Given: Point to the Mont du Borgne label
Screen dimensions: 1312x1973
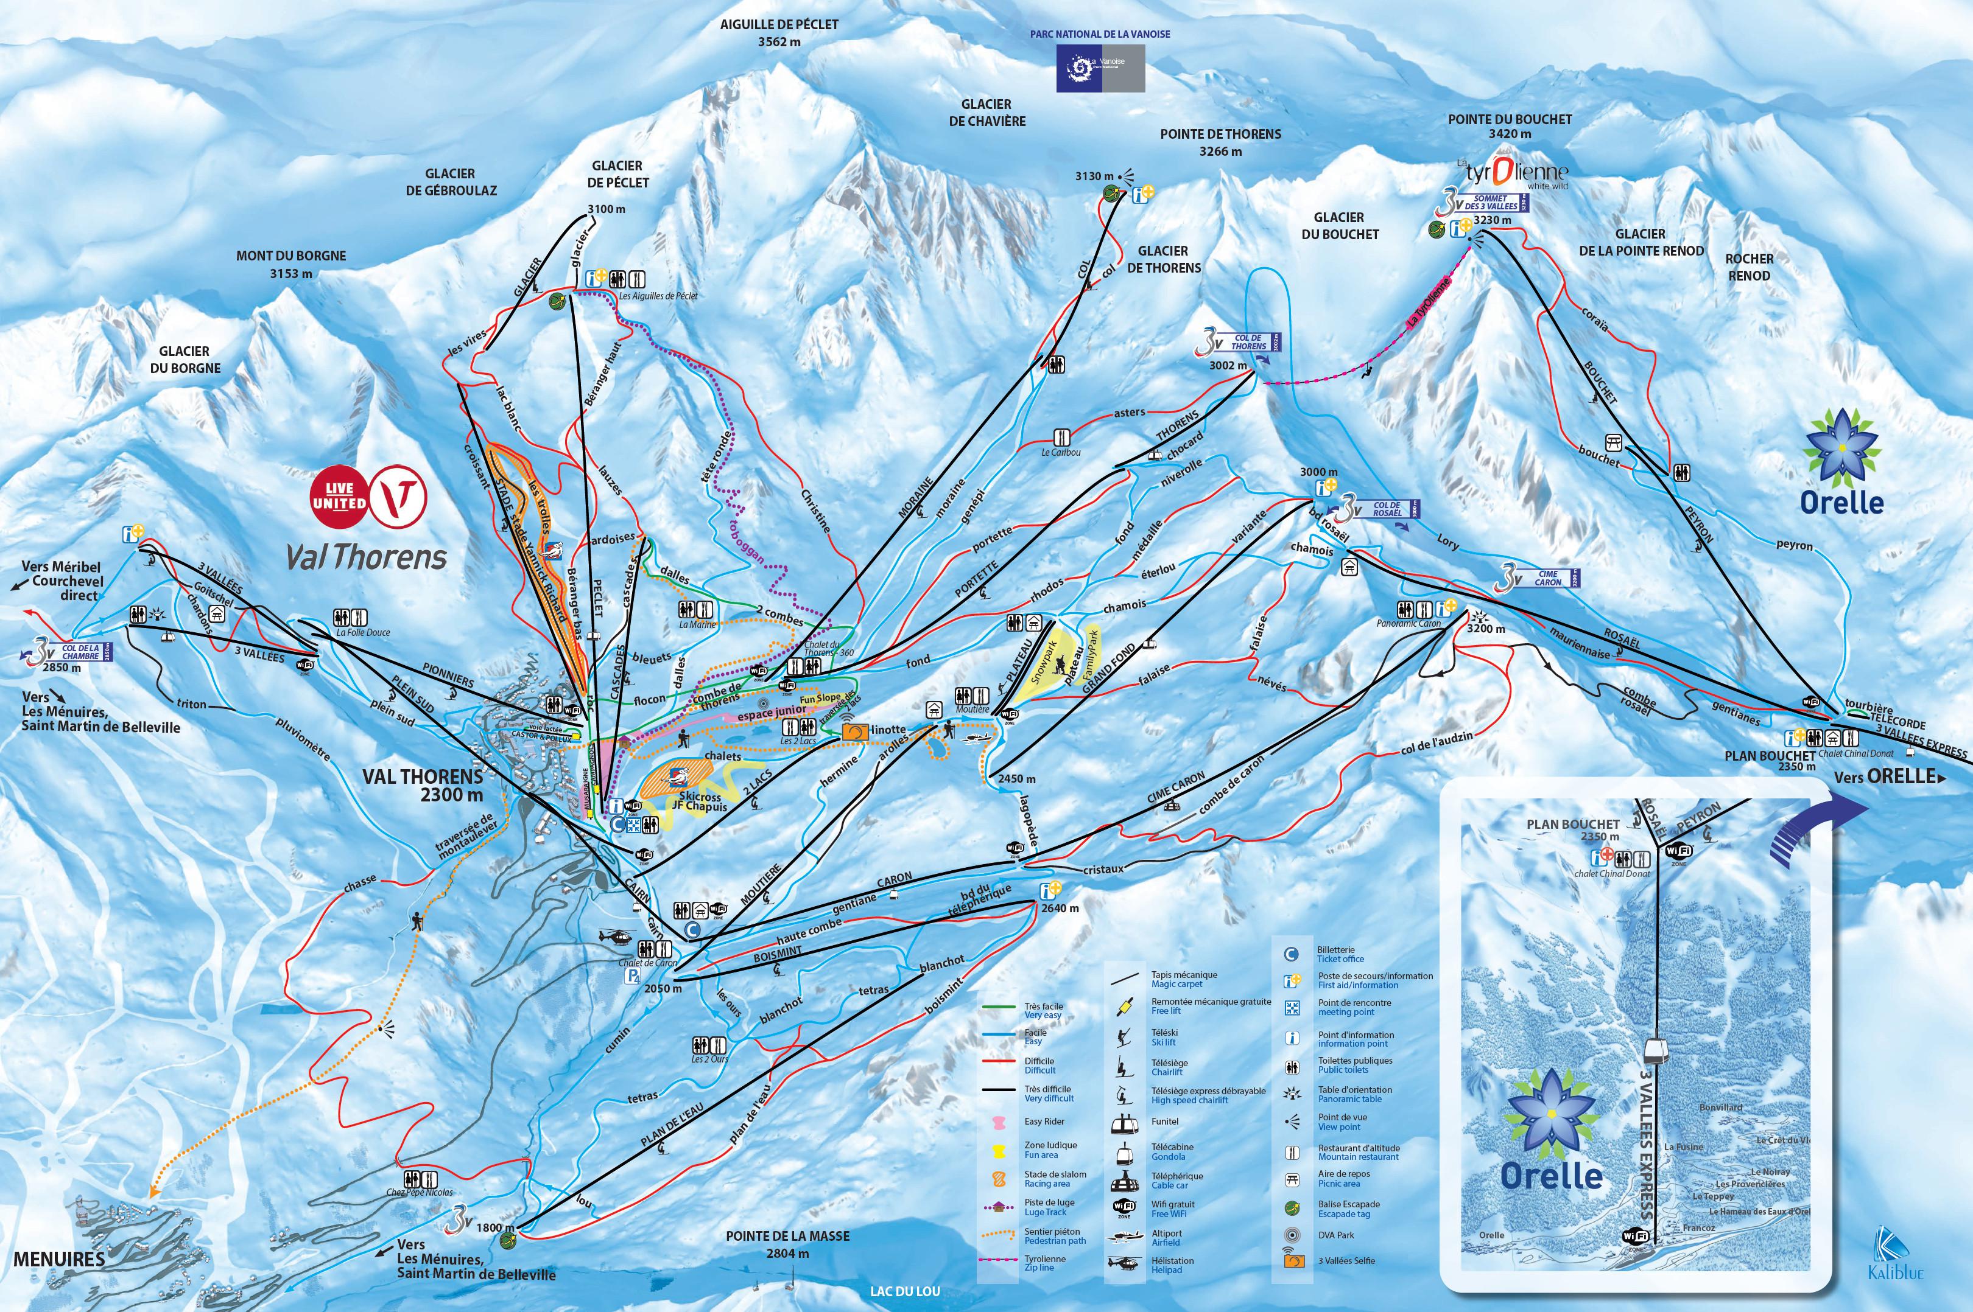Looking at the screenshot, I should [290, 264].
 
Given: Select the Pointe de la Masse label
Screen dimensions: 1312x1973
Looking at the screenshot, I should [787, 1244].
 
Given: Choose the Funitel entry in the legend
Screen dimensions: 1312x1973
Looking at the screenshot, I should [1164, 1121].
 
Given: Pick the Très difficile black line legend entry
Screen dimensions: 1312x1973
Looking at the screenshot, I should [1048, 1094].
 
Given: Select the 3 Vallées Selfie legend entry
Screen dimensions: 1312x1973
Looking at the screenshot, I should [1346, 1260].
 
